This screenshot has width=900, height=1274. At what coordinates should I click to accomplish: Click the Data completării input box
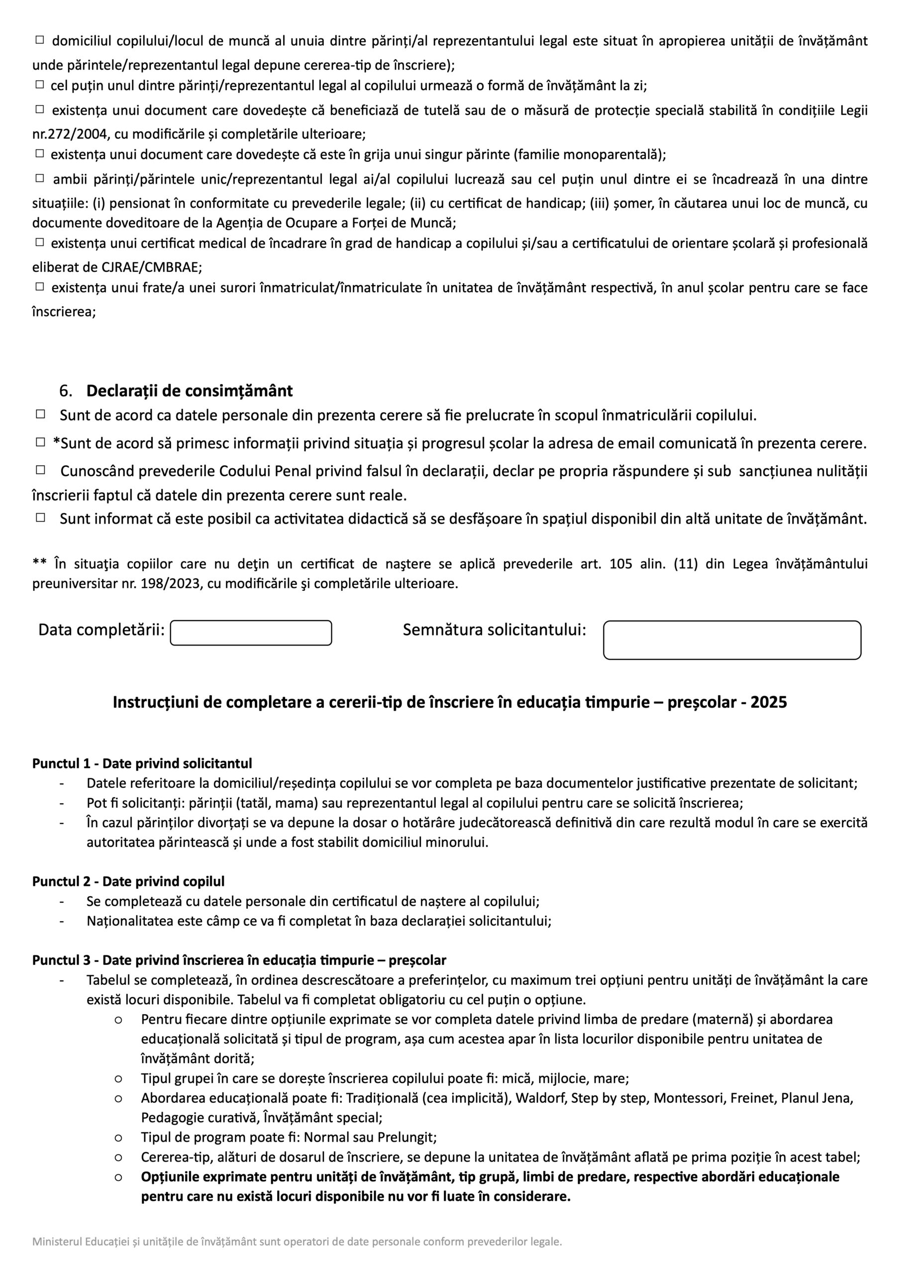point(251,633)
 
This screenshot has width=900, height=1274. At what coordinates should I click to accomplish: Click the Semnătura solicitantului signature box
point(732,640)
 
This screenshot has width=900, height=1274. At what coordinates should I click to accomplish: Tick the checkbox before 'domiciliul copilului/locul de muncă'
point(40,40)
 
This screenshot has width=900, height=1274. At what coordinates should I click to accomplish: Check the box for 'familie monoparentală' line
point(40,153)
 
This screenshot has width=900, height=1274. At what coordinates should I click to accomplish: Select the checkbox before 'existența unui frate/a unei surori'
point(40,287)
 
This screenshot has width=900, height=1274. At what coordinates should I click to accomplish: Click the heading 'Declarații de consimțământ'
point(189,391)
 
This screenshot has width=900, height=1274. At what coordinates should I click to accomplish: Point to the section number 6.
point(65,391)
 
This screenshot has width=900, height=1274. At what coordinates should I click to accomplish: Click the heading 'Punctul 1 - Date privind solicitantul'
point(142,763)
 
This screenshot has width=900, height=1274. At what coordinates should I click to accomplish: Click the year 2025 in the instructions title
point(769,703)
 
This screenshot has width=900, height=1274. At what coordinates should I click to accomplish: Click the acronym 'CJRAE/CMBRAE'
point(150,267)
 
